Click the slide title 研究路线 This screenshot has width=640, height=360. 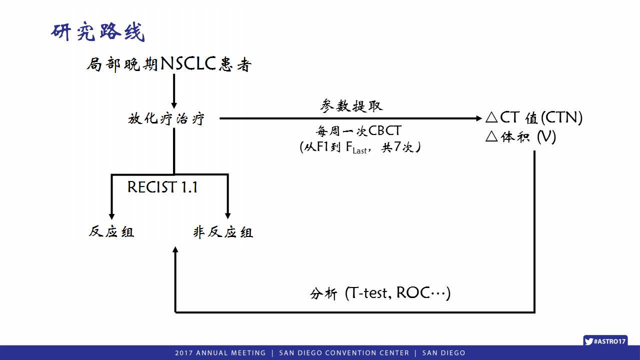97,31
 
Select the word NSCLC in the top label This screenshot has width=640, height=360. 188,63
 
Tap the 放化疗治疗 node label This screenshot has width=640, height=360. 166,118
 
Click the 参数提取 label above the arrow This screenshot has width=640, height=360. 351,105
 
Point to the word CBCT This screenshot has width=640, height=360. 385,131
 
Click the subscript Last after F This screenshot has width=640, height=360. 359,151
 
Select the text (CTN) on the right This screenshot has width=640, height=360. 561,117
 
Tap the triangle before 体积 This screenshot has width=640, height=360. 491,136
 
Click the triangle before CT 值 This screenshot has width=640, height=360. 491,117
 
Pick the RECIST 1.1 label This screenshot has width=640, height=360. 162,187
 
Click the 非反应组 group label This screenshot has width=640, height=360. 223,231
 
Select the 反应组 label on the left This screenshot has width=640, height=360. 111,231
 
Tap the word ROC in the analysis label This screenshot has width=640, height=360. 413,292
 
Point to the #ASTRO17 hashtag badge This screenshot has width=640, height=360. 605,341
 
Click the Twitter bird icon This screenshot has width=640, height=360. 588,341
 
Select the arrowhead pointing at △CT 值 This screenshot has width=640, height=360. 479,118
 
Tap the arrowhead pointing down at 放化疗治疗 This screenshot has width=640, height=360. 174,105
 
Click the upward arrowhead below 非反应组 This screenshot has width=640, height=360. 175,249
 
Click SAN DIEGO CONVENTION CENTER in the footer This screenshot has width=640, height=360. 344,353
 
